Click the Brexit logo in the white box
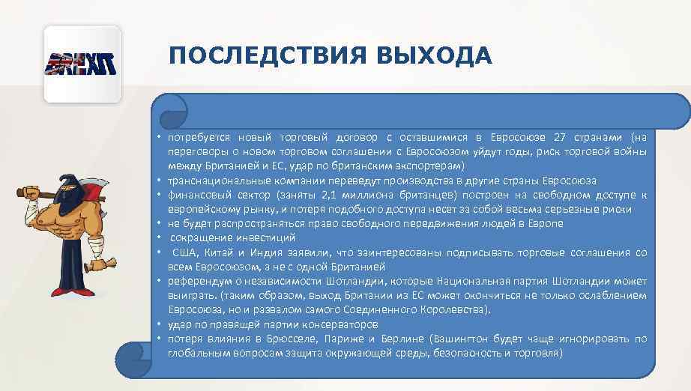(x=82, y=64)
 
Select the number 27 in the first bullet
(x=560, y=138)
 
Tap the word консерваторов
(x=335, y=324)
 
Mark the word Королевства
(x=458, y=309)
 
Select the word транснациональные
(x=219, y=181)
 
